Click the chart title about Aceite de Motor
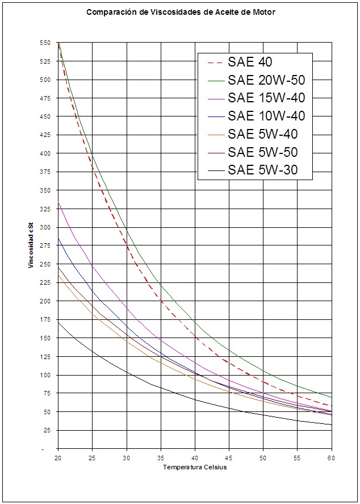click(181, 11)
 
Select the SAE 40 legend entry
click(250, 61)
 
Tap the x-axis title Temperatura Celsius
click(195, 467)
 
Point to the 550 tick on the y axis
click(45, 43)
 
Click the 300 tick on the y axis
click(45, 227)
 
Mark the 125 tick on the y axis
click(45, 356)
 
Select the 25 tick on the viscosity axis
click(47, 430)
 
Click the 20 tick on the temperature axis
click(58, 457)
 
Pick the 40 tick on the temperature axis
click(195, 457)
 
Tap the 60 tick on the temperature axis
click(332, 457)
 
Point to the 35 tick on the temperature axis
click(161, 457)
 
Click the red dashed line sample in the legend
click(212, 62)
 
